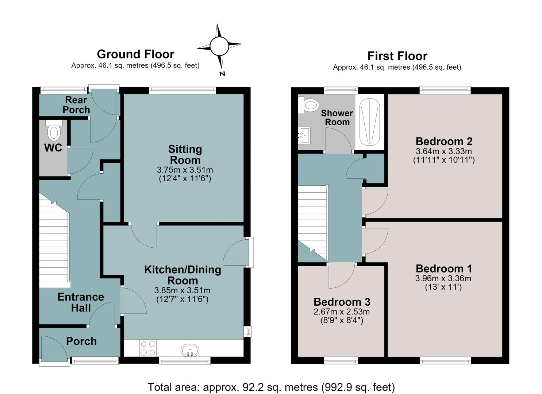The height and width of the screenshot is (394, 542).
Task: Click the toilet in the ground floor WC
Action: pyautogui.click(x=54, y=130)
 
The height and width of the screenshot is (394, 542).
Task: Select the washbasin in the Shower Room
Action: pyautogui.click(x=304, y=135)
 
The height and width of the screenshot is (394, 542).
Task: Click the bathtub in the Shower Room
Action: pyautogui.click(x=369, y=122)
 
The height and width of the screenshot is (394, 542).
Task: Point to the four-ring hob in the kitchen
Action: pyautogui.click(x=148, y=348)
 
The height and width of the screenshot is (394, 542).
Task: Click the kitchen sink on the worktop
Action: pyautogui.click(x=190, y=350)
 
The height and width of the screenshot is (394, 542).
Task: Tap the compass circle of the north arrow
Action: pyautogui.click(x=219, y=46)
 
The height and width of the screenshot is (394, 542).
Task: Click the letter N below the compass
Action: pyautogui.click(x=222, y=74)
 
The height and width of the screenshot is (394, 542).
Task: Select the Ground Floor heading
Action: pyautogui.click(x=135, y=54)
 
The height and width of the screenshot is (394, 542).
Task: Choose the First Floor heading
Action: pyautogui.click(x=397, y=56)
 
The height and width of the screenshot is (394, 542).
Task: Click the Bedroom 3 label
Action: pyautogui.click(x=342, y=302)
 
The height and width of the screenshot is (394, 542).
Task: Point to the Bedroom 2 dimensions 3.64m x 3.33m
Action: pyautogui.click(x=444, y=151)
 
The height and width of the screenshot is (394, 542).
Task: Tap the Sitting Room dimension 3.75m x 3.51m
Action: pyautogui.click(x=185, y=170)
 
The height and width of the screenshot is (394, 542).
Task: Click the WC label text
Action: pyautogui.click(x=53, y=148)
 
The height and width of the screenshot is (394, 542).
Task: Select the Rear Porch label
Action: pyautogui.click(x=76, y=105)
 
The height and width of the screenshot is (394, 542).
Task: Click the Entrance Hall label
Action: pyautogui.click(x=81, y=302)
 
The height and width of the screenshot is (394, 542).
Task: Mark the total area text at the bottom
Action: pyautogui.click(x=271, y=387)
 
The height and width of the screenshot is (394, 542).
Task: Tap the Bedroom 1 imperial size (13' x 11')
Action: pyautogui.click(x=443, y=287)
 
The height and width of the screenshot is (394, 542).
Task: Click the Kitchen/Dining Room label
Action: pyautogui.click(x=183, y=275)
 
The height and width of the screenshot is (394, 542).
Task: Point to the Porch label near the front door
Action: pyautogui.click(x=81, y=341)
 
